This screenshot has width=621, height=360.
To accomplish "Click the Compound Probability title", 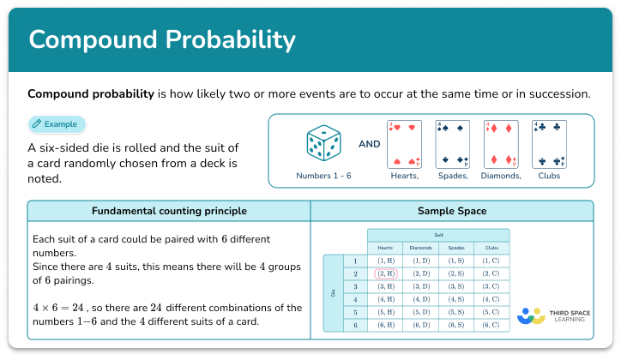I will click(162, 40).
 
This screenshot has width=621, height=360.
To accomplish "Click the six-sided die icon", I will click(323, 143).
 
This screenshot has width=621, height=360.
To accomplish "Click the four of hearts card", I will click(405, 143).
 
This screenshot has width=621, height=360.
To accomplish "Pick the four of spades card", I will click(453, 143).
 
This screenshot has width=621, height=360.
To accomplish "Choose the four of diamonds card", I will click(502, 143).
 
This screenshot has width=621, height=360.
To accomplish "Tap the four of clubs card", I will click(550, 143).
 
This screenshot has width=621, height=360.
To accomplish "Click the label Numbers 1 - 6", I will click(323, 176).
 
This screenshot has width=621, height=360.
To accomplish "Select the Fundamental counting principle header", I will click(169, 211).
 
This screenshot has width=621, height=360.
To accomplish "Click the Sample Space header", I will click(451, 211).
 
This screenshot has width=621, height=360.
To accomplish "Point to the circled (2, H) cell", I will click(384, 273).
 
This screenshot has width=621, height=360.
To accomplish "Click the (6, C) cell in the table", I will click(491, 326).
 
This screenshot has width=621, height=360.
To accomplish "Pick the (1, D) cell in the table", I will click(420, 261).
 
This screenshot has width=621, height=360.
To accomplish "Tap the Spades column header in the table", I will click(455, 247).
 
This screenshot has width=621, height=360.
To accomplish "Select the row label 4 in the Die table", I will click(354, 300).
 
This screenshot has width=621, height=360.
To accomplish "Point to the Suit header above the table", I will click(438, 234).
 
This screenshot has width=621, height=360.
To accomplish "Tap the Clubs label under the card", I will click(550, 176).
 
